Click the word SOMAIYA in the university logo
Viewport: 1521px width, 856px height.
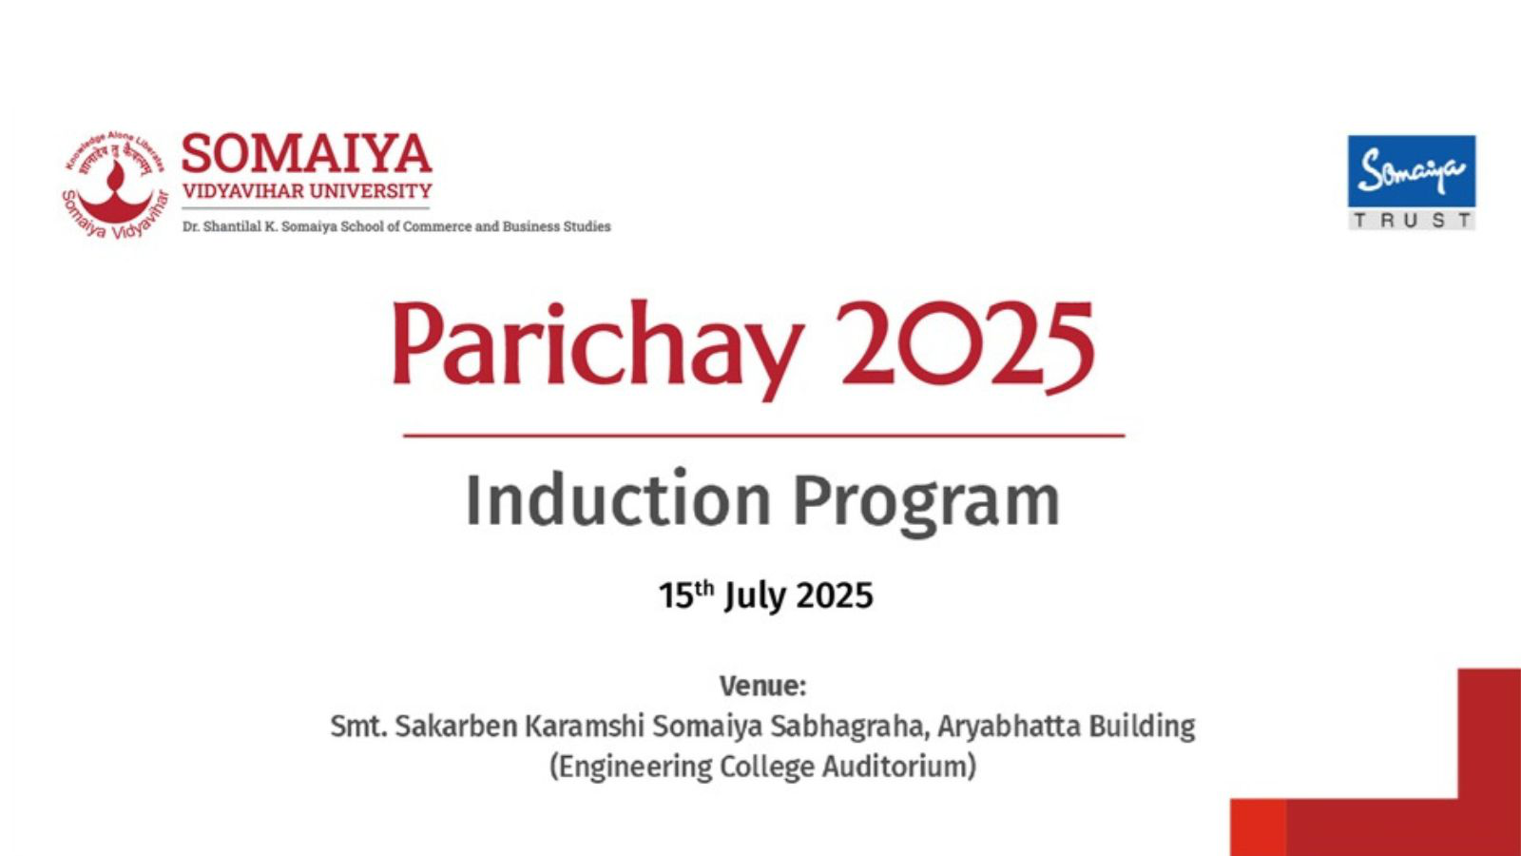[306, 153]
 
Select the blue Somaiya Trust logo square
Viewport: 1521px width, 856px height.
[1412, 171]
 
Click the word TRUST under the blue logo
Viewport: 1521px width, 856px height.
[1413, 220]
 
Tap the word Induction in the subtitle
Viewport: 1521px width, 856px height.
[618, 499]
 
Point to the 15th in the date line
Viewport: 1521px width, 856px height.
[686, 594]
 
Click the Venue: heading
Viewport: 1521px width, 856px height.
[763, 686]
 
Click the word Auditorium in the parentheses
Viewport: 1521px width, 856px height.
[899, 767]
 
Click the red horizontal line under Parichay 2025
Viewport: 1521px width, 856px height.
[764, 436]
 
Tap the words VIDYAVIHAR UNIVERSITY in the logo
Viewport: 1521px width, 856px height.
[307, 191]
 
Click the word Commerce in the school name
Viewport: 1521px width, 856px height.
[434, 226]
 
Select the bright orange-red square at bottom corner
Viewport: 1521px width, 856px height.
[1259, 827]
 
